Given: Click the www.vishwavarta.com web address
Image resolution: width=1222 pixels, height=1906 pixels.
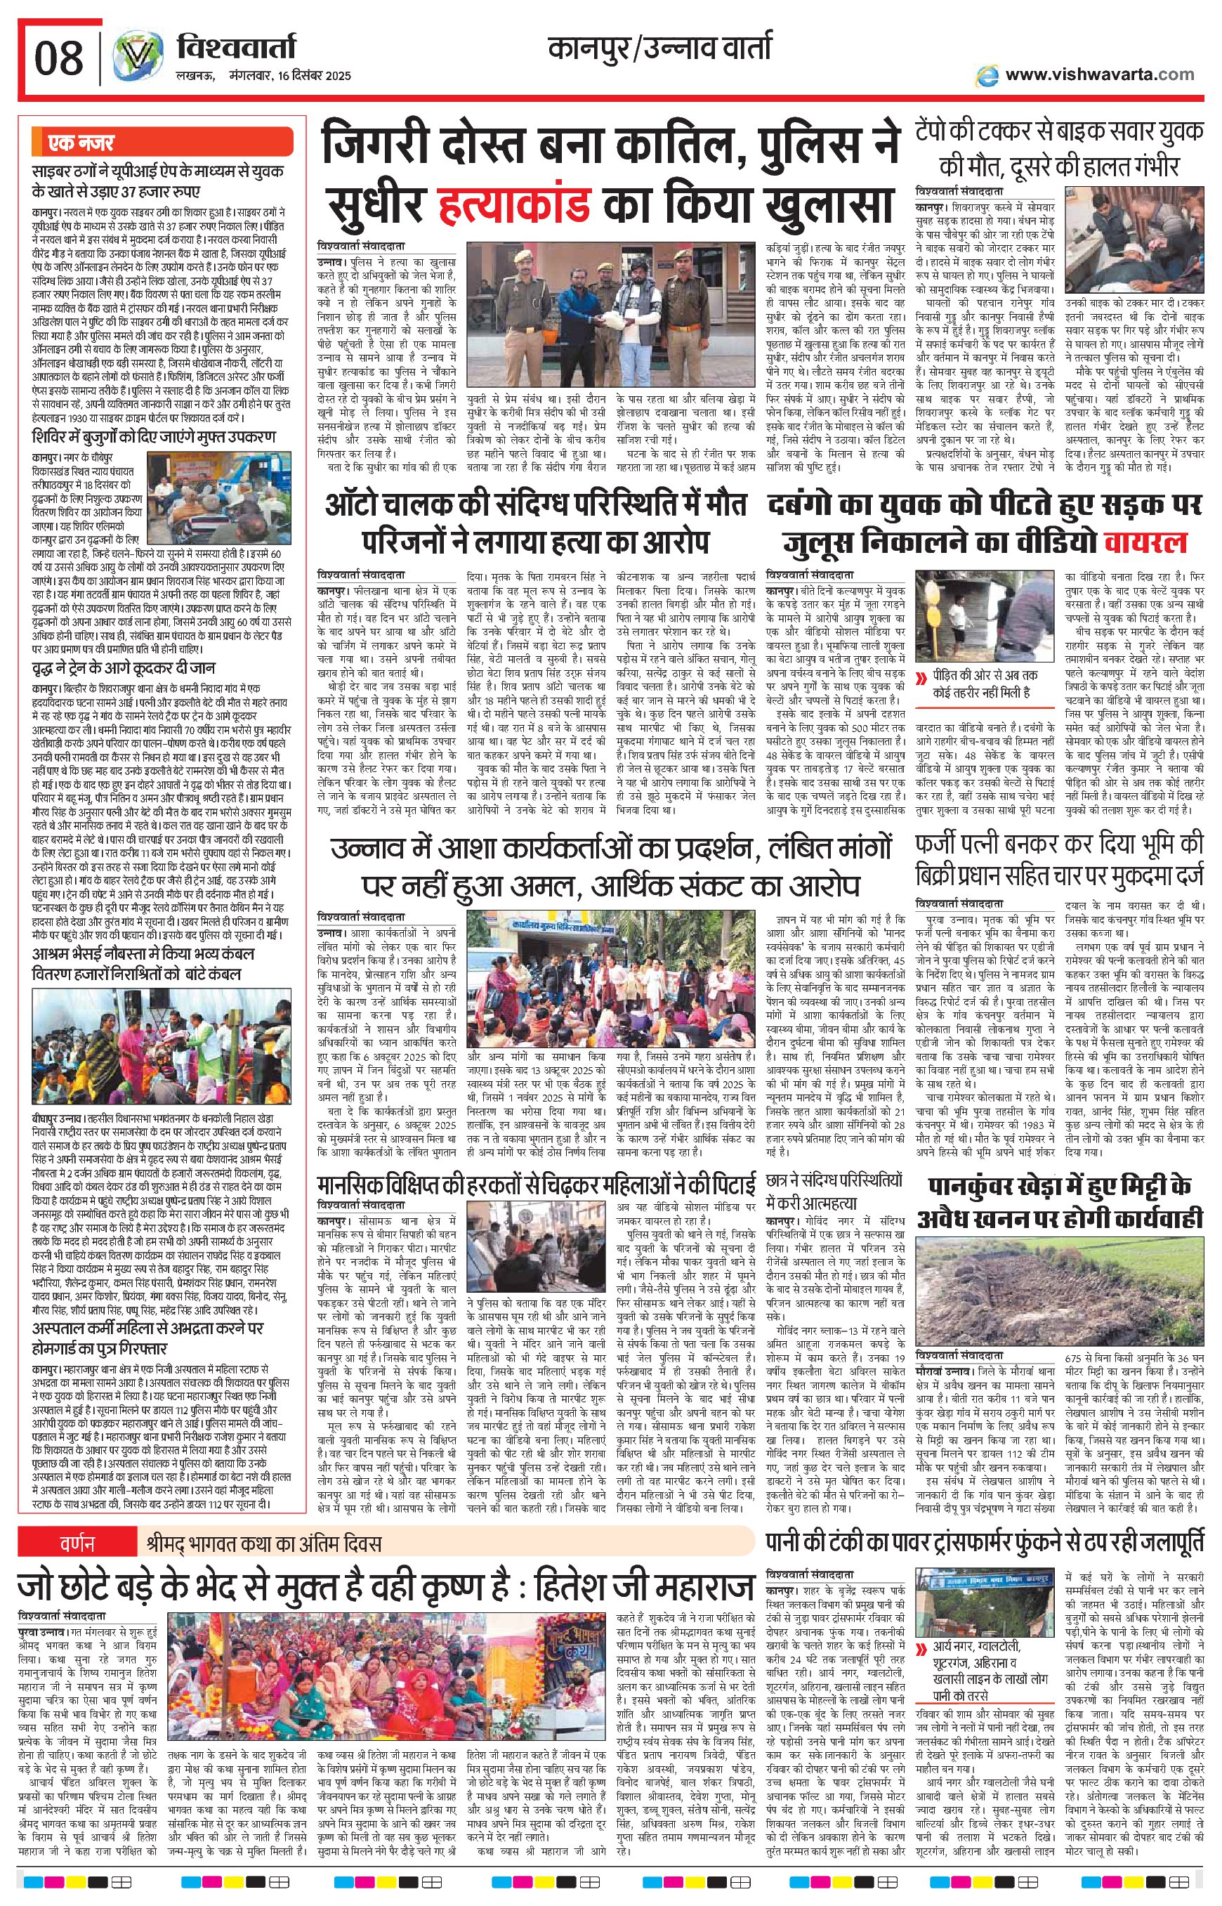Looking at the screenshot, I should click(x=1099, y=74).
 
